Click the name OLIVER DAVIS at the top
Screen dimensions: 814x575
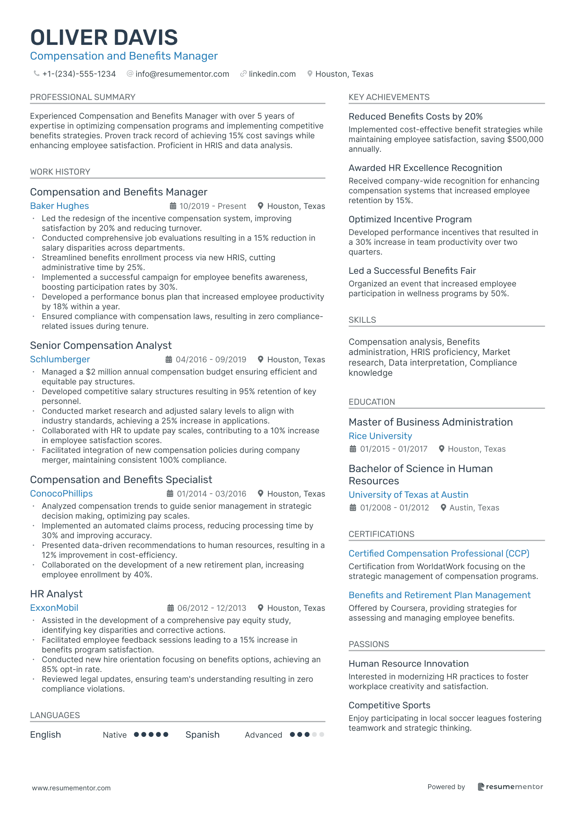[x=104, y=38]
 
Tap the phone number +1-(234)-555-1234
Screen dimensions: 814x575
[x=79, y=74]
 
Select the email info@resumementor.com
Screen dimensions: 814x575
[x=182, y=74]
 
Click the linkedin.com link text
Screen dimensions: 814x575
[x=272, y=74]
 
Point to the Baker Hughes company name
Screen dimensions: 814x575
[x=60, y=206]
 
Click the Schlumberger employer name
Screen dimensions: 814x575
[x=60, y=359]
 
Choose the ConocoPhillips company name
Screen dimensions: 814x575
[x=62, y=494]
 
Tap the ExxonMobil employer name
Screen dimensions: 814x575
[x=54, y=608]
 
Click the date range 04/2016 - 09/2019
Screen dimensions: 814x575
[x=211, y=359]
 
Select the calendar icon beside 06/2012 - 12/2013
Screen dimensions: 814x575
[x=171, y=608]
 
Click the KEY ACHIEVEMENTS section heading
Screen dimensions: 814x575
[x=389, y=97]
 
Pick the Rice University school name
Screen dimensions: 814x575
[x=380, y=436]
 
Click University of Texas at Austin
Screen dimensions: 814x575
[x=408, y=495]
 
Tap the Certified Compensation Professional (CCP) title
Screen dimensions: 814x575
[x=439, y=554]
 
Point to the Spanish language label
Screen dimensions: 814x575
[x=202, y=735]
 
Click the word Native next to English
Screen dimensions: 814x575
[x=115, y=735]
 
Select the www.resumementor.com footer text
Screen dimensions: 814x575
[x=71, y=788]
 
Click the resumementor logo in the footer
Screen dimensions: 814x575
[x=510, y=787]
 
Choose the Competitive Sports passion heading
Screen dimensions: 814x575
[x=389, y=705]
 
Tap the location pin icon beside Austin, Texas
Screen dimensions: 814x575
[x=444, y=508]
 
